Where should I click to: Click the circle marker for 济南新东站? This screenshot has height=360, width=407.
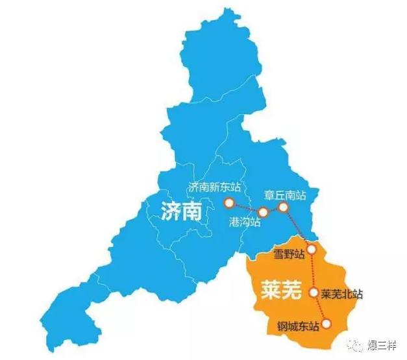click(228, 203)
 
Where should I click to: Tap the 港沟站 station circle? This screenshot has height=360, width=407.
click(264, 212)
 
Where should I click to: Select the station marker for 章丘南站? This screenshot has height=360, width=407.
click(283, 207)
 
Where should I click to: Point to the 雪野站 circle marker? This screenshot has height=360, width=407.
click(312, 249)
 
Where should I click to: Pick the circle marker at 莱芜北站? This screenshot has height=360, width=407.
click(314, 293)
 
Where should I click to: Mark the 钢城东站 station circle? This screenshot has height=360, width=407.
click(327, 323)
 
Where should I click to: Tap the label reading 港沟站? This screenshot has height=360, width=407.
click(245, 222)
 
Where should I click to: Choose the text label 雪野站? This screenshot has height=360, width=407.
click(289, 254)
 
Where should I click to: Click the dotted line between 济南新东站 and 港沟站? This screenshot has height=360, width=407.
click(246, 208)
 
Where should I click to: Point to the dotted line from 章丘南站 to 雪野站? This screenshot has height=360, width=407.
click(297, 228)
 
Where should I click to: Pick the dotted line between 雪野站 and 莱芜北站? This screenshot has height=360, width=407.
click(313, 271)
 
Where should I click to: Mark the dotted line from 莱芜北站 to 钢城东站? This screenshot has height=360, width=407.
click(321, 308)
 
